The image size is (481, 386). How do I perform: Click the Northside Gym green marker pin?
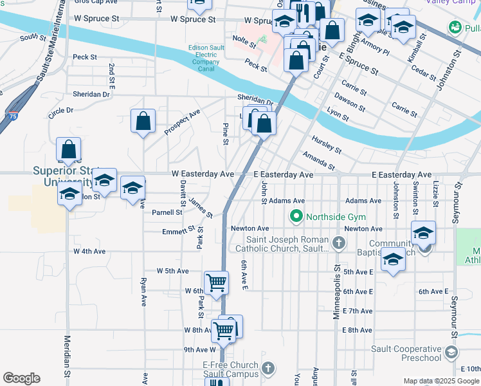point(296,216)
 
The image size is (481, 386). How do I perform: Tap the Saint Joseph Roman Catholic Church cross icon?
point(340,243)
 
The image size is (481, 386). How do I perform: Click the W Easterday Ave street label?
point(203,174)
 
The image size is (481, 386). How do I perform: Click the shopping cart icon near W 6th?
point(217,282)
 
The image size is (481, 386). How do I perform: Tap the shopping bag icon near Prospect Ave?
point(143,120)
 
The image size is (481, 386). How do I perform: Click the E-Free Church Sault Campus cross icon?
point(268,369)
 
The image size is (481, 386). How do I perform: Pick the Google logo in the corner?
point(21,378)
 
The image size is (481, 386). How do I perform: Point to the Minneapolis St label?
point(336,283)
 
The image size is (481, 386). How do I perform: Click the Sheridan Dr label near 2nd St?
point(91,94)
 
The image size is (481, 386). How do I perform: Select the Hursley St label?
point(326,144)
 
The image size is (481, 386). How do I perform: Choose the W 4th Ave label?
point(89,252)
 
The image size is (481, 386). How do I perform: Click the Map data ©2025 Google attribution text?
point(440,381)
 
